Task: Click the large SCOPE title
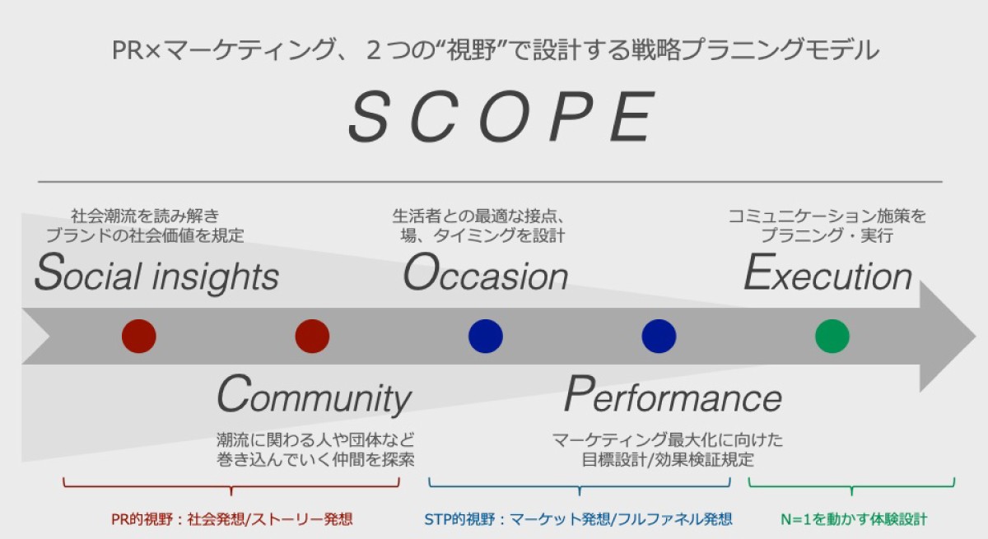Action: coord(501,116)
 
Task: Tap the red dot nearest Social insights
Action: coord(139,337)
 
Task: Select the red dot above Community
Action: coord(312,337)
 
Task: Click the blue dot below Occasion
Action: coord(486,337)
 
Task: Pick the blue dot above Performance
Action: coord(659,337)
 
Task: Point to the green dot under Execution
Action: coord(832,337)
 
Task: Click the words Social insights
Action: coord(156,273)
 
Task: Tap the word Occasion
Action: coord(486,273)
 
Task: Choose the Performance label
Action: coord(673,394)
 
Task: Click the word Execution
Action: coord(828,273)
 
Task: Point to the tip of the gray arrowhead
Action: coord(976,337)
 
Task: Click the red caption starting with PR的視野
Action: coord(232,519)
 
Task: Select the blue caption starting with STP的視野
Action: coord(578,519)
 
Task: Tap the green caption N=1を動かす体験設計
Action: coord(854,519)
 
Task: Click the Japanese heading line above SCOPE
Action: coord(496,50)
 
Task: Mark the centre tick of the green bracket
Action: coord(851,492)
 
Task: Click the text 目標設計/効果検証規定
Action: coord(668,460)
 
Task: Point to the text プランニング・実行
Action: coord(827,235)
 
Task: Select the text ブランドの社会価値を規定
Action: coord(145,235)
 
